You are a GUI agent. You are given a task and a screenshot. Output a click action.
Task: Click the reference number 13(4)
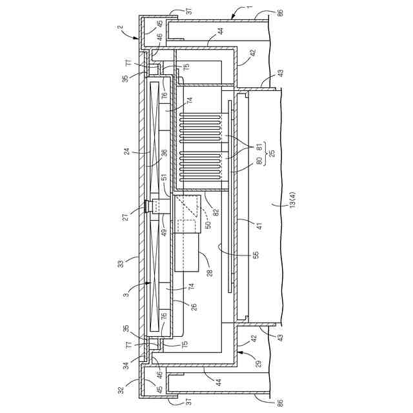292,200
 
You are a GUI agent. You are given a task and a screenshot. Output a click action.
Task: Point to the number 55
256,254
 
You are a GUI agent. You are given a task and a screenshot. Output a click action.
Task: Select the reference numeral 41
259,226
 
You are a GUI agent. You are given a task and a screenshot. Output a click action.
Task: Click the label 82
216,212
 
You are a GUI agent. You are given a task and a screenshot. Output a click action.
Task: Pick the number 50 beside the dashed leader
208,225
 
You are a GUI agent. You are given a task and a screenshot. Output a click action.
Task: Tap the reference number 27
126,217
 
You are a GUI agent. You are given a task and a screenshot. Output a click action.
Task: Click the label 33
120,264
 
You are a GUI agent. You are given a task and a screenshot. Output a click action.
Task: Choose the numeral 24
127,152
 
